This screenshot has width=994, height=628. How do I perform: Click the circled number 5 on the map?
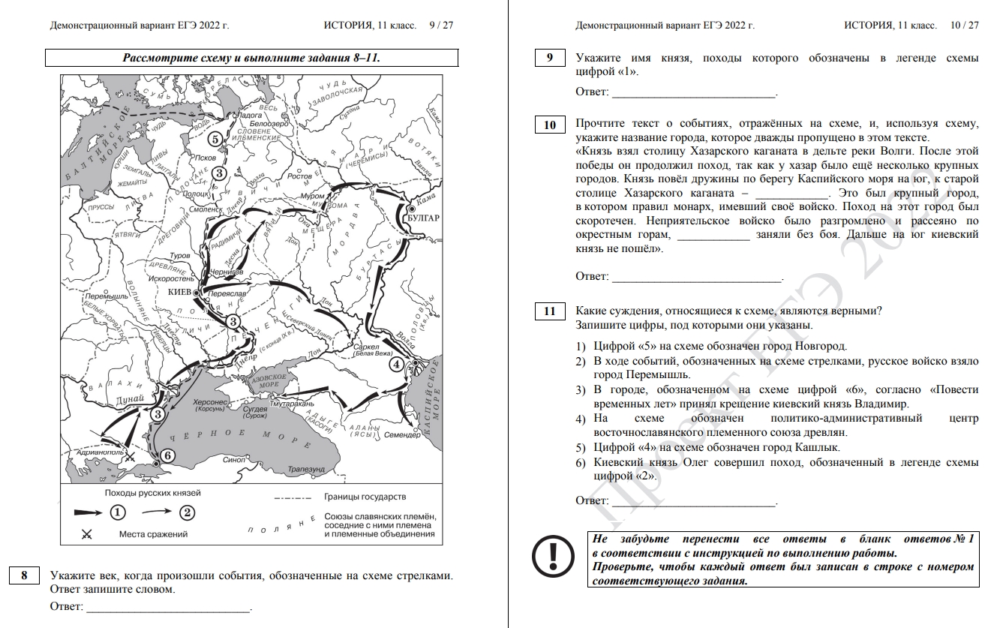215,139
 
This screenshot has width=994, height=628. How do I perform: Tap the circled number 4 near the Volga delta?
395,365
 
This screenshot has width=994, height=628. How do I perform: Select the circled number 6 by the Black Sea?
167,455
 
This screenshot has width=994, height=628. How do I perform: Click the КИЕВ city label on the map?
180,291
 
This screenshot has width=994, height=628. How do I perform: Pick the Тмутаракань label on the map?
290,404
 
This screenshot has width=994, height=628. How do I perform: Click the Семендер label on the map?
402,434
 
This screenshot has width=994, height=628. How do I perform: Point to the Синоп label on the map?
235,459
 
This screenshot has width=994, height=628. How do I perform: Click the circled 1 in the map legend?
118,512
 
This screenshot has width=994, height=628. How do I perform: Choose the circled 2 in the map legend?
187,512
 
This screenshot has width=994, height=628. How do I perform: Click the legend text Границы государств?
365,497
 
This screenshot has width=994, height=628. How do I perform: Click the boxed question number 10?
550,125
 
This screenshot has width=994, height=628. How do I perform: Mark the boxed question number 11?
550,311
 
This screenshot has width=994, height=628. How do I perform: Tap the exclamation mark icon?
552,556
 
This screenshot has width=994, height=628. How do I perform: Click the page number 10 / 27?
964,25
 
